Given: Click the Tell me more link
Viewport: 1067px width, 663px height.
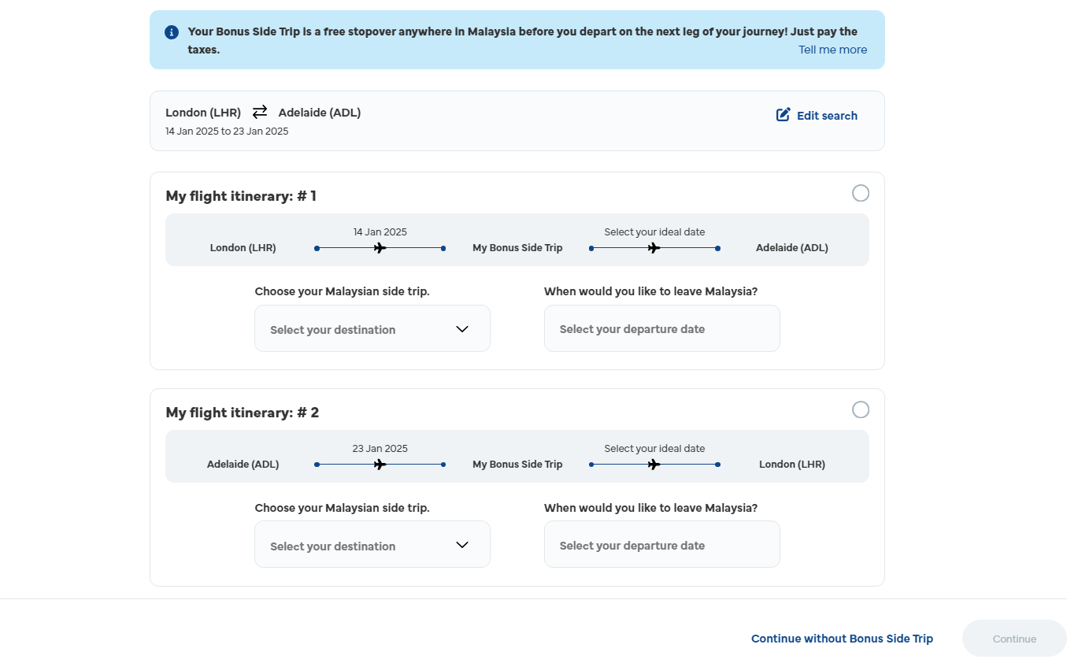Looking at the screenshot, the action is [832, 50].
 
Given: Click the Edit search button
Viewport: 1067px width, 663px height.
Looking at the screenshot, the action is [817, 115].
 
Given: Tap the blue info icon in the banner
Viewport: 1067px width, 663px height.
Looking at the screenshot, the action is [172, 32].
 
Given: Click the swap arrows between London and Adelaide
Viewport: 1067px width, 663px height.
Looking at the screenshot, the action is [260, 112].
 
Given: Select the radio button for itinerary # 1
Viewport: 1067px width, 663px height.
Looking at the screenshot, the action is [860, 194].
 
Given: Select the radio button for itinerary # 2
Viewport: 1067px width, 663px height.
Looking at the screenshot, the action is [860, 409].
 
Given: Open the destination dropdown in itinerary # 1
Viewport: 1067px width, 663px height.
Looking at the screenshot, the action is [372, 328].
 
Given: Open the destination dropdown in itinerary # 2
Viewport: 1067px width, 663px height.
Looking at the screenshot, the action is [372, 544].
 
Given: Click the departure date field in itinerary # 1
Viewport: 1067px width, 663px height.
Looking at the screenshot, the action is [661, 328].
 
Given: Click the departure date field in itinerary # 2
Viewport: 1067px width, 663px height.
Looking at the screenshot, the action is [661, 544].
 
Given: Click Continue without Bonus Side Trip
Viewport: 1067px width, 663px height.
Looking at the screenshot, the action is [842, 639].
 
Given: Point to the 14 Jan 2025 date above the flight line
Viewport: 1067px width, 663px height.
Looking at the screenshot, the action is [380, 232].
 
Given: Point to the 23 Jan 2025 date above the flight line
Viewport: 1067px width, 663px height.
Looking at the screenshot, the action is [380, 449].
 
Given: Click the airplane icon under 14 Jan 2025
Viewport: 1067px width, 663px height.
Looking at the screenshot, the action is [380, 248].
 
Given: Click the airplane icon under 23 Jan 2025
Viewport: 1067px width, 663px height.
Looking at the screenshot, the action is [380, 465].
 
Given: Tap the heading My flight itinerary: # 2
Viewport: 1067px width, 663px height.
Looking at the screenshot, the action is [242, 413].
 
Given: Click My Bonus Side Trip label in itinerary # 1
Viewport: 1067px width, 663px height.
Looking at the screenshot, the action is [517, 248].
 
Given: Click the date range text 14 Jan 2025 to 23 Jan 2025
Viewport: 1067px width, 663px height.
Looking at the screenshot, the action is [227, 131].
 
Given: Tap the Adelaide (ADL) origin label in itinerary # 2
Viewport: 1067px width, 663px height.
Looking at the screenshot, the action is [243, 465].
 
